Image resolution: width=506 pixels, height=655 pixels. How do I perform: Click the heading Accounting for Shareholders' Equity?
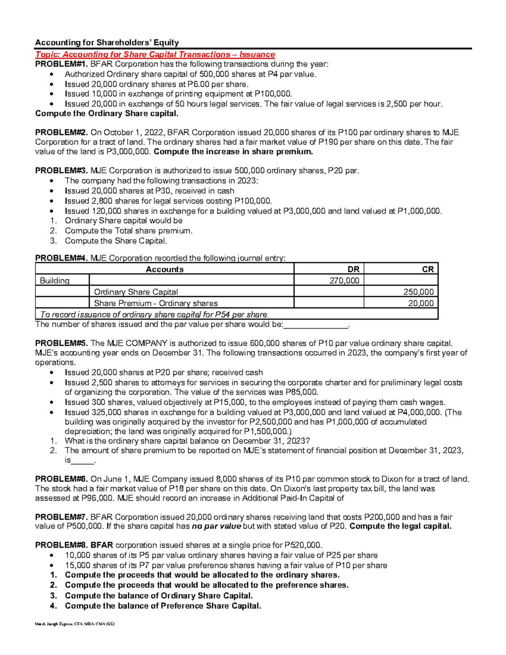(107, 43)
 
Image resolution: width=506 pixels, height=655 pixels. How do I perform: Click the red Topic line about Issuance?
(155, 54)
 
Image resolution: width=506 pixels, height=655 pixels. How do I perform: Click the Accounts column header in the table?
(164, 270)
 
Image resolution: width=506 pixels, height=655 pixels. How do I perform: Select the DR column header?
(353, 270)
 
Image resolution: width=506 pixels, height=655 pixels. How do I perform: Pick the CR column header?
(428, 270)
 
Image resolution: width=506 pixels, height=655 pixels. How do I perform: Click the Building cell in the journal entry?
(55, 281)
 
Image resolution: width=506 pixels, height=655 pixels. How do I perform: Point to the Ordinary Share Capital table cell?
(136, 292)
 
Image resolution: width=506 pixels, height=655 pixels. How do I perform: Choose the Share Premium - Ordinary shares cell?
(156, 303)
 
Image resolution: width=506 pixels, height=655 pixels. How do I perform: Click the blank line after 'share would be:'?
(316, 325)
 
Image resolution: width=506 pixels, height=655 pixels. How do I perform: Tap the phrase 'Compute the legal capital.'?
(401, 526)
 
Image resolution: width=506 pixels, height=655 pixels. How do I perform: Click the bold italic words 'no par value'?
(216, 526)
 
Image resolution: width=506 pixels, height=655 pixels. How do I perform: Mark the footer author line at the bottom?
(75, 624)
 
